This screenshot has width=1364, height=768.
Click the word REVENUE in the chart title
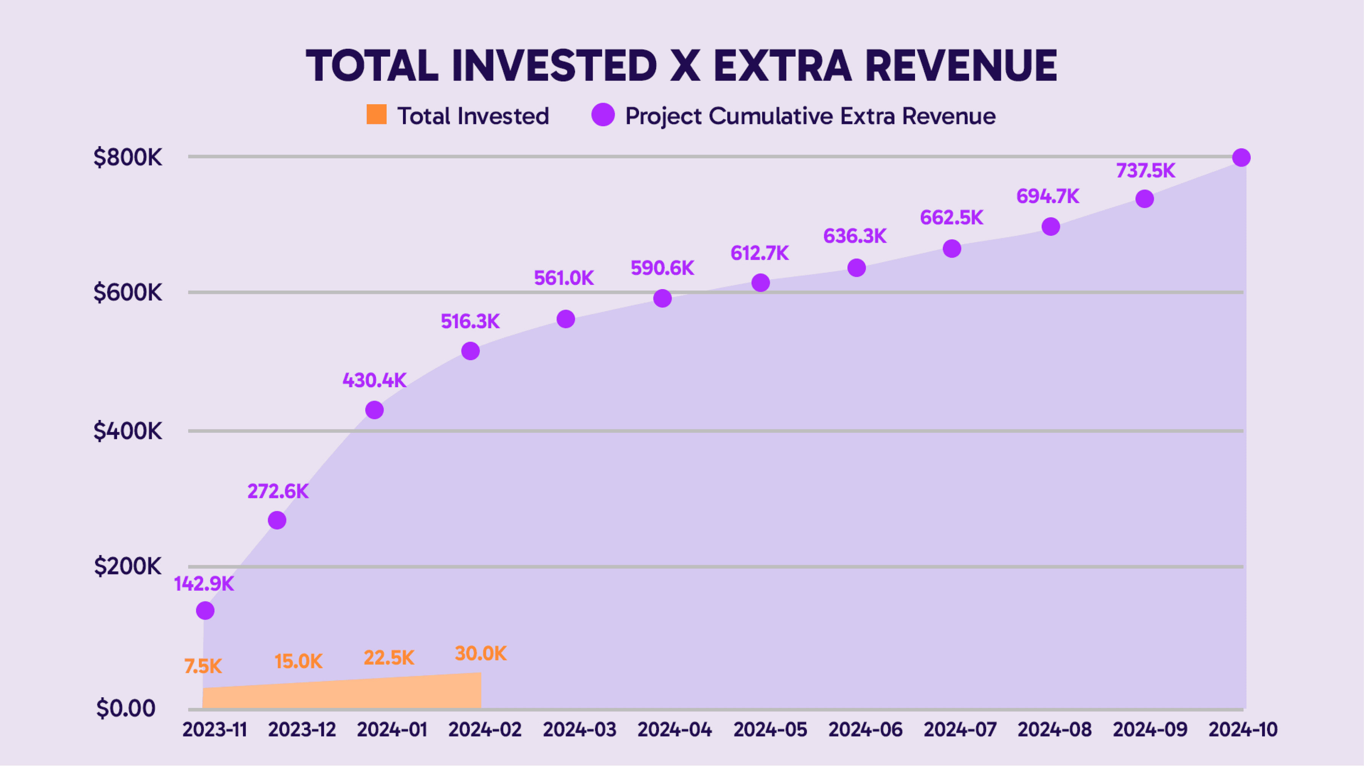961,66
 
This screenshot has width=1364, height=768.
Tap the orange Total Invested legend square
376,114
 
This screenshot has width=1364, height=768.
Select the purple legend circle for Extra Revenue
603,114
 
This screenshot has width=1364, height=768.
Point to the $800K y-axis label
128,157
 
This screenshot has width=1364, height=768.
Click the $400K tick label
128,431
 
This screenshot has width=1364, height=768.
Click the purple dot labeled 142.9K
205,611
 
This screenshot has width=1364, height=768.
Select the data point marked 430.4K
374,410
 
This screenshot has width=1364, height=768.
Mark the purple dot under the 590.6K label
662,298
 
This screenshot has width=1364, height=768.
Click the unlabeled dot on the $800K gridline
1241,157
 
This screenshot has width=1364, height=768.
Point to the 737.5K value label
1145,170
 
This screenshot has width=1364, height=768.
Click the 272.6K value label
278,491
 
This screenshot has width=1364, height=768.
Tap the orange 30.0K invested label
480,654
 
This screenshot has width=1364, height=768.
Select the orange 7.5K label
203,666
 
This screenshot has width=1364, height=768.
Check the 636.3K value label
855,236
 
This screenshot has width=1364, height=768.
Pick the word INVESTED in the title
554,66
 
